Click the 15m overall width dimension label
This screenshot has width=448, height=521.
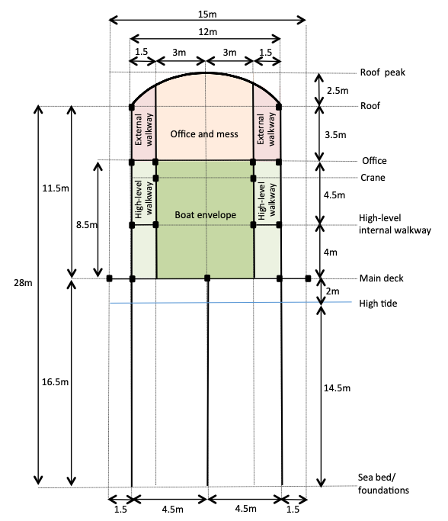207,14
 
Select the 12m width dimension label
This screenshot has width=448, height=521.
208,32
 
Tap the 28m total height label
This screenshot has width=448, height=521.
23,283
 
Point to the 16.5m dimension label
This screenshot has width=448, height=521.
55,381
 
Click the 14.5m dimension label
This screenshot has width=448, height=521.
337,388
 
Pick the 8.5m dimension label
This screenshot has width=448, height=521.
87,224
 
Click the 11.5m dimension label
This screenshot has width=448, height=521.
56,188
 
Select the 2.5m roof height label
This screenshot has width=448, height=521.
338,90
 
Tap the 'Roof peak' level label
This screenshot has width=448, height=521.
382,72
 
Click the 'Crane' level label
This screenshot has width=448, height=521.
373,178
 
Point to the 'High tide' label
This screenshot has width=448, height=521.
378,304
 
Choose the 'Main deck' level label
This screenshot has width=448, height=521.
381,278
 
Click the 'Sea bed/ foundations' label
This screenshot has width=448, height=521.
383,484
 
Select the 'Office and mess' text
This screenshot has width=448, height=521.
204,134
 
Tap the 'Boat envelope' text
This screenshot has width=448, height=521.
206,214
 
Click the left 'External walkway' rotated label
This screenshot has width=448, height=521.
144,130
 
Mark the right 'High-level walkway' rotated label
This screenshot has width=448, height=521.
267,201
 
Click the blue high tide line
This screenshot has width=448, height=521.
231,302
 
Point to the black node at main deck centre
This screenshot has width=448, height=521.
207,278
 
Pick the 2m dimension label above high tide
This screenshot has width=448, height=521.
332,291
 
